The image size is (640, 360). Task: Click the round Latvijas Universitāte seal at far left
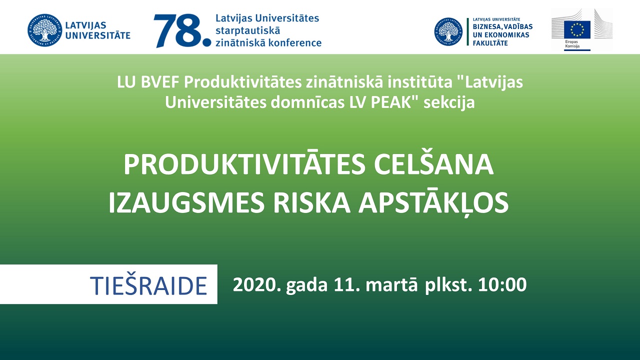pos(44,30)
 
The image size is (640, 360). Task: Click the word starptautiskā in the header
pos(243,30)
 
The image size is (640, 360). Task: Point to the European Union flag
pos(577,29)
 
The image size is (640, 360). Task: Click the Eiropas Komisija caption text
pos(572,44)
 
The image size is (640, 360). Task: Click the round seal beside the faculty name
pos(448,31)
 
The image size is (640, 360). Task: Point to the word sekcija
pos(449,103)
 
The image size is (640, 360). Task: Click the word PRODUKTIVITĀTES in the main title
pos(244,164)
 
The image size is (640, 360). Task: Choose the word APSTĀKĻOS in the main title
pos(433,202)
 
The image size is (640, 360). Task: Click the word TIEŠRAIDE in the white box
pos(148,285)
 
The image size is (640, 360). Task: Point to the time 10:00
pos(502,285)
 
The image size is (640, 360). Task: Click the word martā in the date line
pos(391,284)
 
